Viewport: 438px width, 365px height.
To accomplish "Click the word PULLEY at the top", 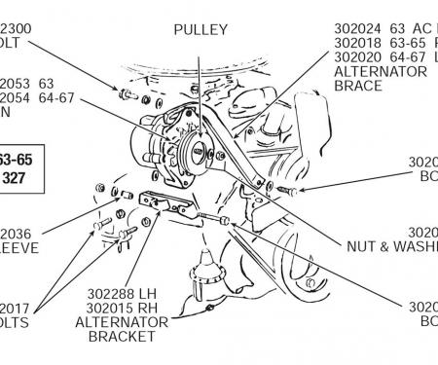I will coord(201,30).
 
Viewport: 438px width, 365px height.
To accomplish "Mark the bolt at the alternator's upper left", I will coord(126,94).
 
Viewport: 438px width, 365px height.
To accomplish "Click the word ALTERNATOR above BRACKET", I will coord(121,320).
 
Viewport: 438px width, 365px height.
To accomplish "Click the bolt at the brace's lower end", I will coord(283,188).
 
